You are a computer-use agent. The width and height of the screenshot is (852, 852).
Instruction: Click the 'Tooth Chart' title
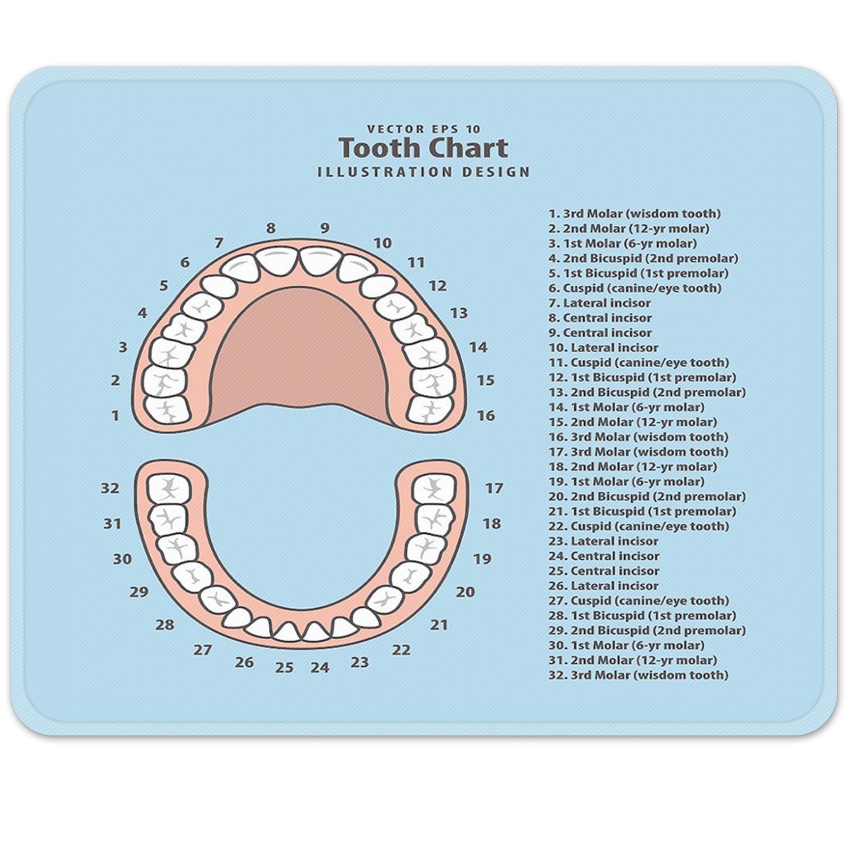pyautogui.click(x=424, y=148)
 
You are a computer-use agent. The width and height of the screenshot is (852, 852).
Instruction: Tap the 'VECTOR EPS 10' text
pyautogui.click(x=424, y=129)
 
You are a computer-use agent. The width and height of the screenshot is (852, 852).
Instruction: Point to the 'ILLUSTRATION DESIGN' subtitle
pyautogui.click(x=424, y=172)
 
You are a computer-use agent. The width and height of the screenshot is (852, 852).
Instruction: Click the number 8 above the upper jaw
pyautogui.click(x=271, y=228)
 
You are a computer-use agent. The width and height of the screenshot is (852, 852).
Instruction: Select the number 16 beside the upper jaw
pyautogui.click(x=485, y=416)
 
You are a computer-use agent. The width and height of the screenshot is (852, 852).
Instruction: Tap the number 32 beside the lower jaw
pyautogui.click(x=110, y=488)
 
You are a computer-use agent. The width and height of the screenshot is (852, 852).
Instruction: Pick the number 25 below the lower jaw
pyautogui.click(x=284, y=667)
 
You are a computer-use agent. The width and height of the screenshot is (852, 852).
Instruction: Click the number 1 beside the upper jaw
pyautogui.click(x=115, y=416)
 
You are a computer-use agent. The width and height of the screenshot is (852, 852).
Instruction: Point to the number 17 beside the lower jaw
pyautogui.click(x=494, y=488)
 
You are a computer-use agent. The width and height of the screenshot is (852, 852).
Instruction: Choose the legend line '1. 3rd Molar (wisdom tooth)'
pyautogui.click(x=634, y=214)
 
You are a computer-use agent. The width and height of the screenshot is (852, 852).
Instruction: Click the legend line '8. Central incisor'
pyautogui.click(x=600, y=318)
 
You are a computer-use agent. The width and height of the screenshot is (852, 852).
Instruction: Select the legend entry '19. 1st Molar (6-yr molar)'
pyautogui.click(x=626, y=482)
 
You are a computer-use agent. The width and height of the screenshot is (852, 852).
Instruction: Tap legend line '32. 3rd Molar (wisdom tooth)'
pyautogui.click(x=638, y=675)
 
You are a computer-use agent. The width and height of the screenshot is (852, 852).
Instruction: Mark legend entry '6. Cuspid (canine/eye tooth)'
pyautogui.click(x=635, y=288)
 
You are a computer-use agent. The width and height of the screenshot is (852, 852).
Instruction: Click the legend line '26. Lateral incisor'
pyautogui.click(x=603, y=586)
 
